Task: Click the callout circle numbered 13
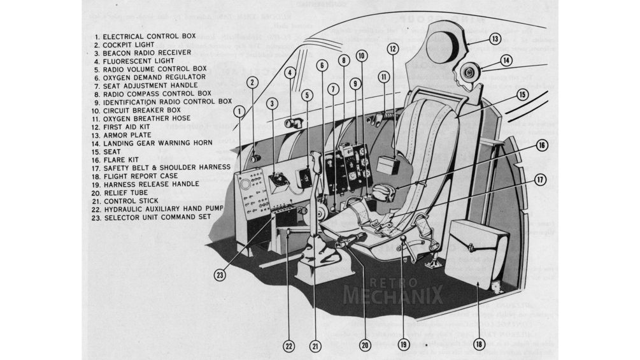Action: (495, 38)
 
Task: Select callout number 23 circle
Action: (220, 275)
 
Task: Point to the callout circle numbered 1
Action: (239, 111)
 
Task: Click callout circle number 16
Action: (541, 145)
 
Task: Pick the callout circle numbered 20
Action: (364, 345)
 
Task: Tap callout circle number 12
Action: (393, 48)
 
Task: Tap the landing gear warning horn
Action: (469, 73)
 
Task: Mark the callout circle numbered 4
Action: (289, 72)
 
